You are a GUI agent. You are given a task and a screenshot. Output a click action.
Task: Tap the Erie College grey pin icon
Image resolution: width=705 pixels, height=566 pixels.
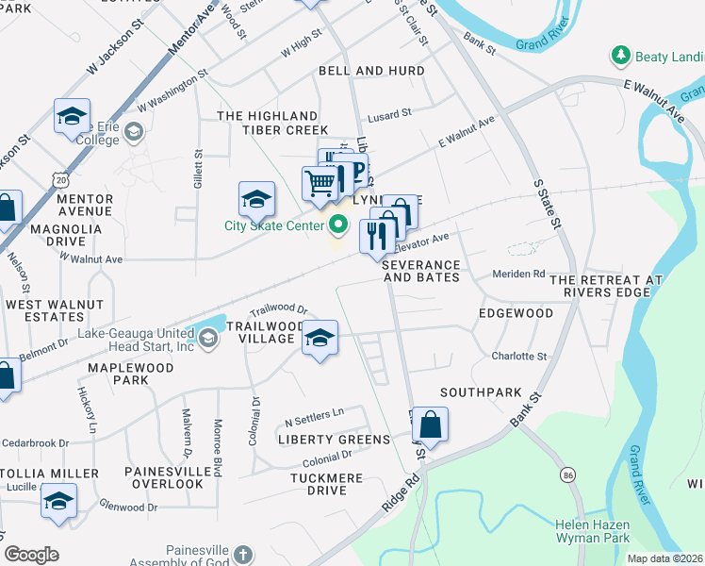(133, 131)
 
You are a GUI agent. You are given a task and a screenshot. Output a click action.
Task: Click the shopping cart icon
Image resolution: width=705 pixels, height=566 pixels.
(320, 182)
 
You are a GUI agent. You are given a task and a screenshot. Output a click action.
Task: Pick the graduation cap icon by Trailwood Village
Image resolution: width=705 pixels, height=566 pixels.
(320, 339)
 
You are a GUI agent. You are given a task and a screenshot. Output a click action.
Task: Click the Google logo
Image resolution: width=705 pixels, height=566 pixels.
(31, 555)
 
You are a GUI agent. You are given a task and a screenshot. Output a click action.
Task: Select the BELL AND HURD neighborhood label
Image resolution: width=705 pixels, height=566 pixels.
(371, 71)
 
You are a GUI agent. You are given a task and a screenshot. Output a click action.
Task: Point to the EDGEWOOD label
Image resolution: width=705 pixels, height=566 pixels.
(516, 312)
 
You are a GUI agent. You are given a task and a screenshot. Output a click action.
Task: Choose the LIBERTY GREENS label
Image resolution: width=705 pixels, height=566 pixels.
(334, 440)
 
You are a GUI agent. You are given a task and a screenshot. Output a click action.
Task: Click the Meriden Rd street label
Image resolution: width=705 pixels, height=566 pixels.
(519, 275)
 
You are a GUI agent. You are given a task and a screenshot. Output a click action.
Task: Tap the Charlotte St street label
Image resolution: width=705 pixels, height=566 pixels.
(519, 357)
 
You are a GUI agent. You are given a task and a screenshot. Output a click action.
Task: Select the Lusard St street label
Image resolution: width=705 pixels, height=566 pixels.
(389, 113)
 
